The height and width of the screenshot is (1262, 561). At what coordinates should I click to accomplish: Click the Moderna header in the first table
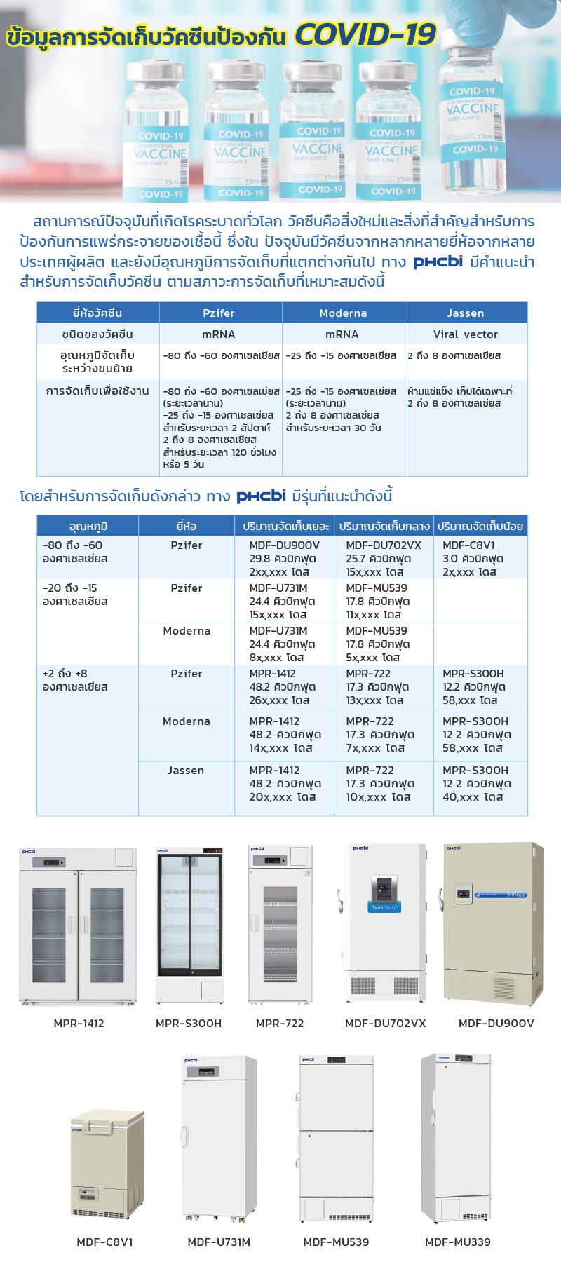tap(343, 313)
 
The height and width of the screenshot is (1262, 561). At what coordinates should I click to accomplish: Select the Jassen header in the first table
tap(466, 313)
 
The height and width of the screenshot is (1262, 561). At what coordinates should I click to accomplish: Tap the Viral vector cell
tap(466, 334)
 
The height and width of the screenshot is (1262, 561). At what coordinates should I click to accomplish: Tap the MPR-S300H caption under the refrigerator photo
tap(189, 1024)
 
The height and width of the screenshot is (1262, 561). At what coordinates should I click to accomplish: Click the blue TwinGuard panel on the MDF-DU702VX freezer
tap(384, 907)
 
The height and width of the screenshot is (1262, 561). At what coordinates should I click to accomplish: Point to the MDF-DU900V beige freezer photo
tap(494, 924)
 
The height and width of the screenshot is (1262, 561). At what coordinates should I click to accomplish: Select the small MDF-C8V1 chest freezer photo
tap(107, 1165)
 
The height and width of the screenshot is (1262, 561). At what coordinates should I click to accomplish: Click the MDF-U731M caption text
tap(219, 1242)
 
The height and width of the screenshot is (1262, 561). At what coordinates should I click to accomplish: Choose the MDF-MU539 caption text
tap(336, 1242)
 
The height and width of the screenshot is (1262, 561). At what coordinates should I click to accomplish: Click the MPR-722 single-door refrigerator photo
tap(280, 924)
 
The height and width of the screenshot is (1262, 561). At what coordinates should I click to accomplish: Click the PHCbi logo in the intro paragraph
tap(438, 262)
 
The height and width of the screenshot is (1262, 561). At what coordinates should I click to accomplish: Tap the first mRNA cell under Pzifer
tap(219, 334)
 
